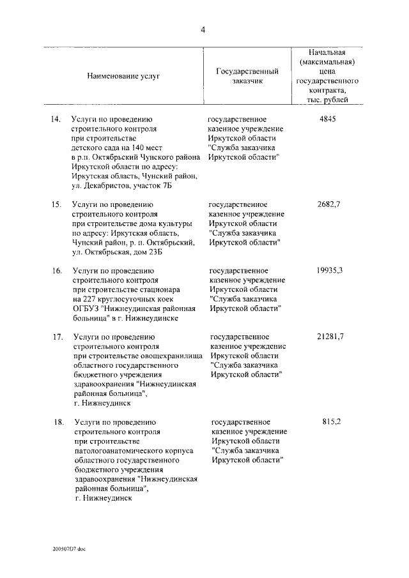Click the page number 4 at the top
click(203, 29)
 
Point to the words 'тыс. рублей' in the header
click(327, 101)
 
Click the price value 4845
click(327, 119)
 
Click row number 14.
click(56, 119)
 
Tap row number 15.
click(56, 204)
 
